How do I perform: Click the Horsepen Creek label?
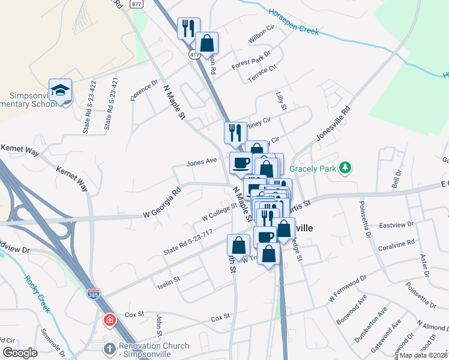(292, 21)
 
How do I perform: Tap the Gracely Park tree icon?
(345, 168)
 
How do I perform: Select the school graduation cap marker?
(60, 90)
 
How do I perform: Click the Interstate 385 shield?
(106, 293)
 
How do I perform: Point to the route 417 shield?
(194, 54)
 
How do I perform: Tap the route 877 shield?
(137, 4)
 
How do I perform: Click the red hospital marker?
(109, 320)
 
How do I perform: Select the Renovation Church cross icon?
(109, 349)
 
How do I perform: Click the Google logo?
(20, 353)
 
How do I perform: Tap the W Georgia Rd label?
(162, 204)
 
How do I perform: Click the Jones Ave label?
(201, 161)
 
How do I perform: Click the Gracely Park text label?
(313, 169)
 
